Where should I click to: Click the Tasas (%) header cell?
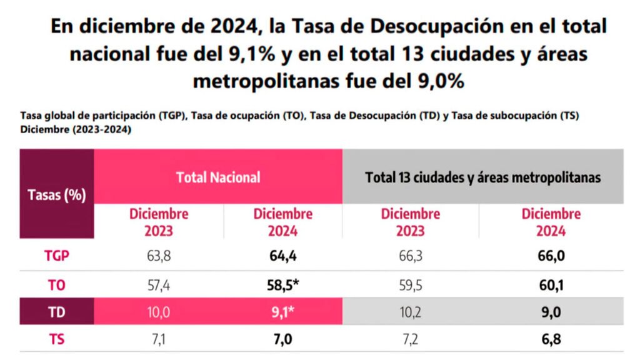coord(56,194)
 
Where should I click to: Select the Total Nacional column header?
coord(218,177)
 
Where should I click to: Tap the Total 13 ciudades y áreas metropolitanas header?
coord(483,177)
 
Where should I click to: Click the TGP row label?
coord(57,256)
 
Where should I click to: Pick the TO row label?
coord(57,285)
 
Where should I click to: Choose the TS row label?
coord(57,340)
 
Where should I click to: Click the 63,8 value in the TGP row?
coord(158,256)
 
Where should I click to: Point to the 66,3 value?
coord(410,256)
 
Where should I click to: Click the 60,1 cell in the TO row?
coord(551,285)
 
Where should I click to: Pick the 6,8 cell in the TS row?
coord(551,340)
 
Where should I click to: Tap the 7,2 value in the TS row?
coord(410,340)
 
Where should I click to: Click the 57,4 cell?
coord(158,285)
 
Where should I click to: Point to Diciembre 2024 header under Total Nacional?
coord(282,222)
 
